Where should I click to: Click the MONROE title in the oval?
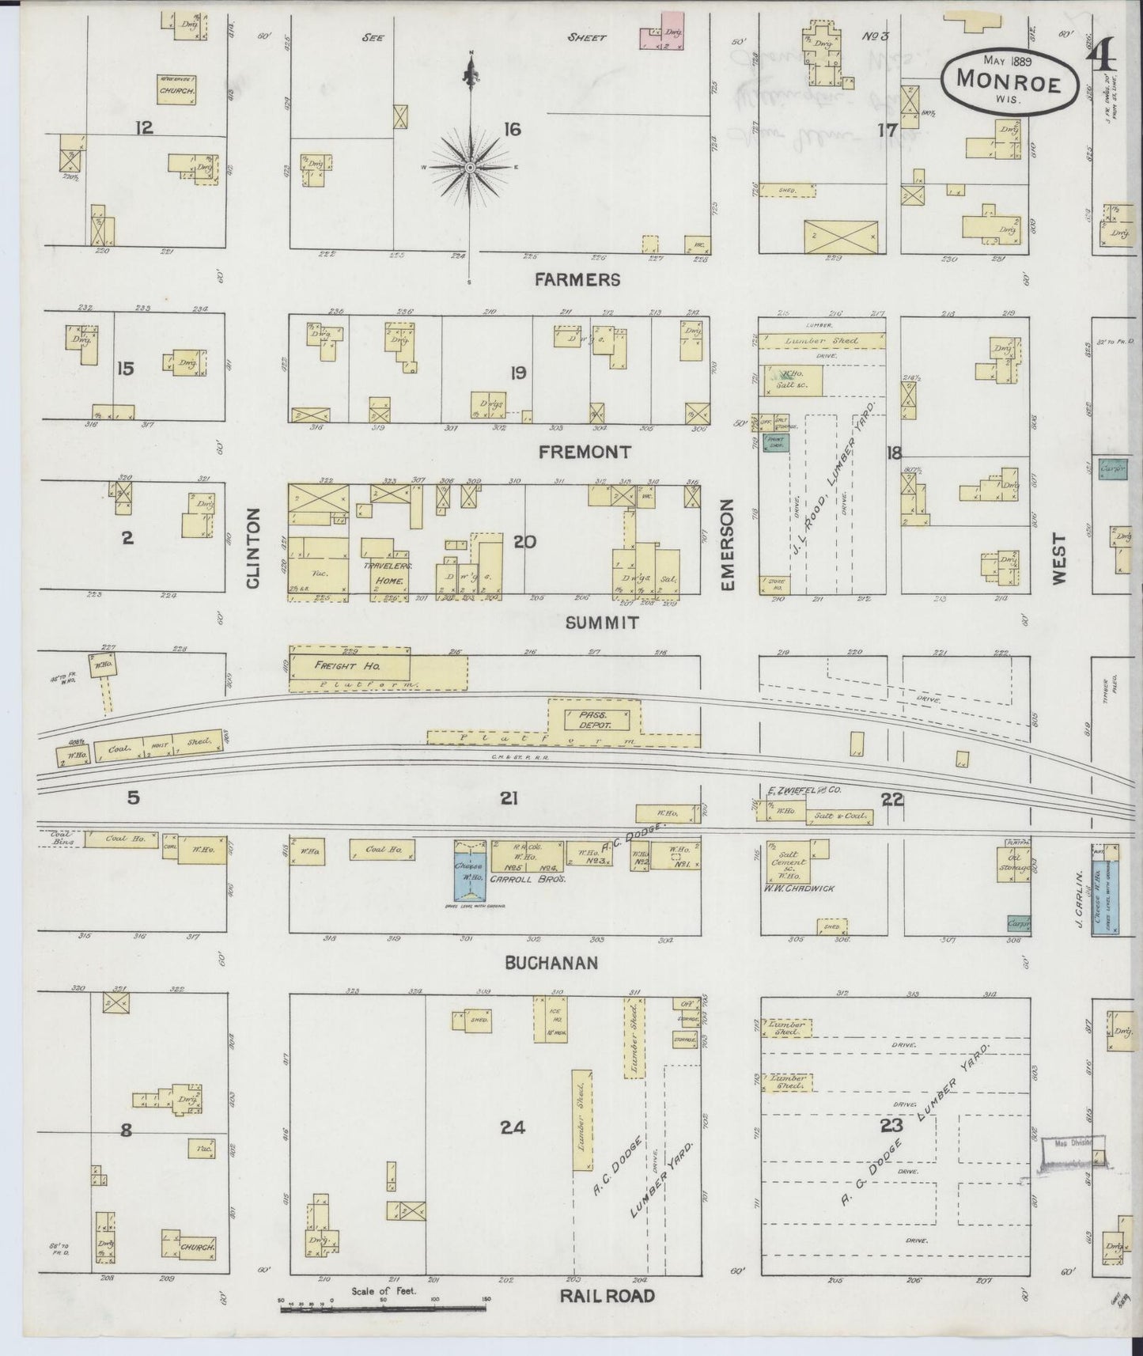(x=1009, y=79)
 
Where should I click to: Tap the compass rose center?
(x=470, y=168)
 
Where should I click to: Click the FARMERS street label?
(x=577, y=279)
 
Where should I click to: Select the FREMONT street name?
(x=585, y=452)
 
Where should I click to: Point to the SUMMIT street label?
(x=603, y=623)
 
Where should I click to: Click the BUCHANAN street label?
(x=551, y=962)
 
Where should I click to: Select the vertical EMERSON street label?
(x=728, y=544)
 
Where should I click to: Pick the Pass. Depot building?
(x=597, y=719)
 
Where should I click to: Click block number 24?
(x=513, y=1127)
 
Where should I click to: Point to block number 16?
(x=512, y=129)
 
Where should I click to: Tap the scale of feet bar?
(x=383, y=1309)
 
